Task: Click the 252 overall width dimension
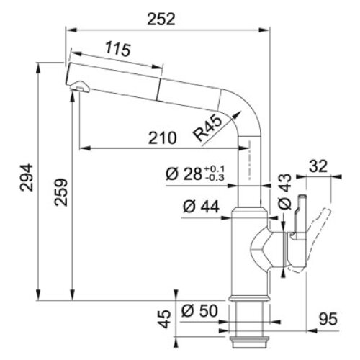[161, 19]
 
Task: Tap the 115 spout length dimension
[118, 49]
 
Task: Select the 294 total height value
[26, 177]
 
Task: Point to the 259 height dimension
[61, 192]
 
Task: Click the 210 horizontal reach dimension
[163, 138]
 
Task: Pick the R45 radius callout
[208, 128]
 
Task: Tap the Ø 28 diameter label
[184, 174]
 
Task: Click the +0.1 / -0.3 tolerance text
[215, 174]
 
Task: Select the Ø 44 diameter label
[201, 207]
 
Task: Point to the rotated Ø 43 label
[285, 191]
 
